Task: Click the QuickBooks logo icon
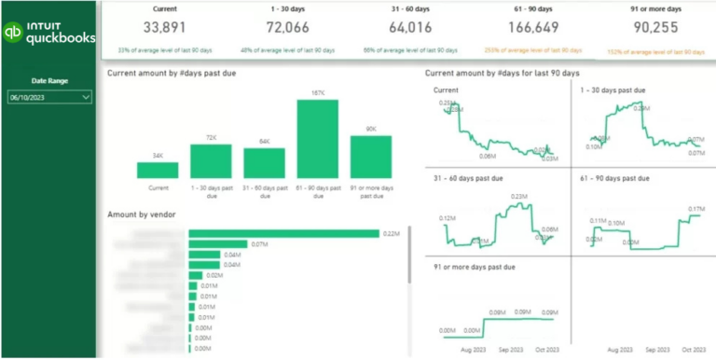(13, 32)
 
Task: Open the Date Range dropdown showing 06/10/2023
(49, 96)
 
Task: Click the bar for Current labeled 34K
(157, 170)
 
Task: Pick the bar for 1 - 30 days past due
(211, 160)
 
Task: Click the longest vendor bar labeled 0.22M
(284, 233)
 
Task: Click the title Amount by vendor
(139, 214)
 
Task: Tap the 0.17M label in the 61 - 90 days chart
(695, 209)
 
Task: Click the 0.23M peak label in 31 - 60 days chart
(520, 195)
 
